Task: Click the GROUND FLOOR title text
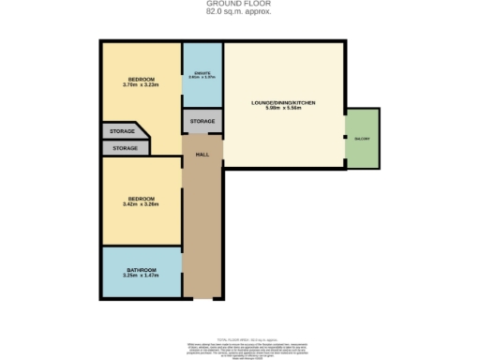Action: pos(239,4)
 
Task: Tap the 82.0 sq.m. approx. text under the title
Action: pos(239,11)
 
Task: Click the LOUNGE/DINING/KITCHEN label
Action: pos(282,102)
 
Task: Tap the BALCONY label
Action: pos(362,139)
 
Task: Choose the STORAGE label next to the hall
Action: pos(202,123)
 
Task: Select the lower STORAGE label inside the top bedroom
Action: pos(126,148)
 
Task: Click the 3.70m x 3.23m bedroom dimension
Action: pos(141,85)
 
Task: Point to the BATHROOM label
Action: pos(142,270)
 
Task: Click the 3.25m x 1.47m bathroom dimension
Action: pos(142,277)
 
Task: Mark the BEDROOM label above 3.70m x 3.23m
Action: pos(141,79)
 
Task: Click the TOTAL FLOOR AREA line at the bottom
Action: pos(239,328)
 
